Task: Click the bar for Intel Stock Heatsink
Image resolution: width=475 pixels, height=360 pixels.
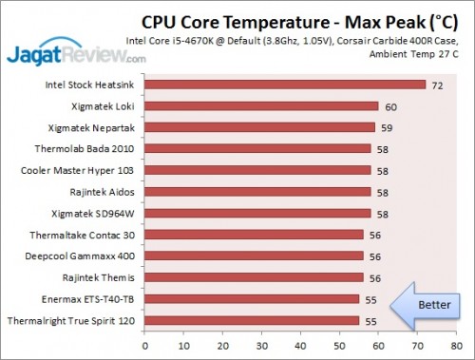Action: tap(285, 85)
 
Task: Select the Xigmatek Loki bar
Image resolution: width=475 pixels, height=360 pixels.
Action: tap(261, 106)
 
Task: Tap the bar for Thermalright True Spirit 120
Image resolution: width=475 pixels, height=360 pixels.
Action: tap(252, 320)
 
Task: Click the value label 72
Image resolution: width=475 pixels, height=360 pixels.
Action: tap(438, 85)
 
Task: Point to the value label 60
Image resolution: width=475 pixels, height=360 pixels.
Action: tap(390, 106)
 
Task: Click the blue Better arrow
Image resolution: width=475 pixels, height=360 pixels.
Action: tap(427, 304)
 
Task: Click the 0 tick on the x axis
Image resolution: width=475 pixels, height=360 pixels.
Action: tap(143, 347)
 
